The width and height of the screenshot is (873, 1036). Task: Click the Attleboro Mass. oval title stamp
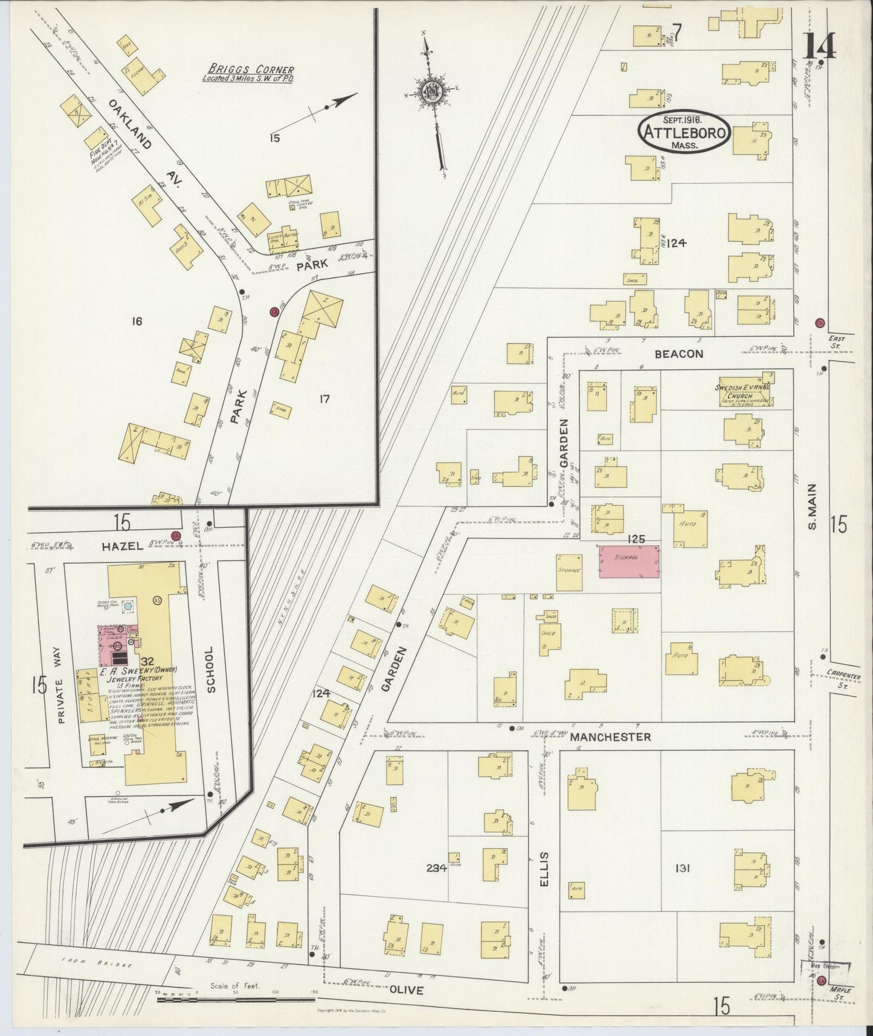pos(685,132)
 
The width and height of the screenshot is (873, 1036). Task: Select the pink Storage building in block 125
pos(629,561)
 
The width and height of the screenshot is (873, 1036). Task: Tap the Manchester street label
pos(610,737)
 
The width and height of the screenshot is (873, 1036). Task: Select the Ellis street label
pos(544,869)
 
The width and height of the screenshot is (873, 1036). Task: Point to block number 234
pos(436,869)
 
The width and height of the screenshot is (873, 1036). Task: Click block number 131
pos(683,869)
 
